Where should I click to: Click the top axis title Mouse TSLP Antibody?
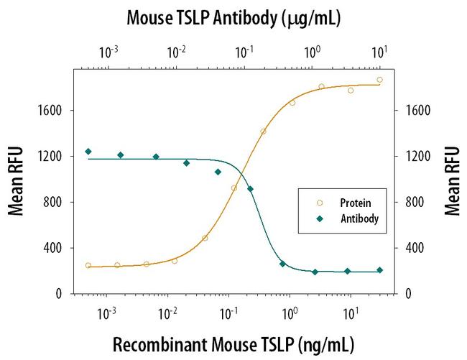point(233,18)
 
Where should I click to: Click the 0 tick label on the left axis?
point(62,294)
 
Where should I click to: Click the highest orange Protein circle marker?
point(379,80)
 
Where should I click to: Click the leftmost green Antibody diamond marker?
point(88,152)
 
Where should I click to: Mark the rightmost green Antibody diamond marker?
point(379,270)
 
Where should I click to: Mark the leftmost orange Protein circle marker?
point(88,265)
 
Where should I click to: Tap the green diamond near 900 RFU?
point(250,189)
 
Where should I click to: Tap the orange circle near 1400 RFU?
point(263,131)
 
